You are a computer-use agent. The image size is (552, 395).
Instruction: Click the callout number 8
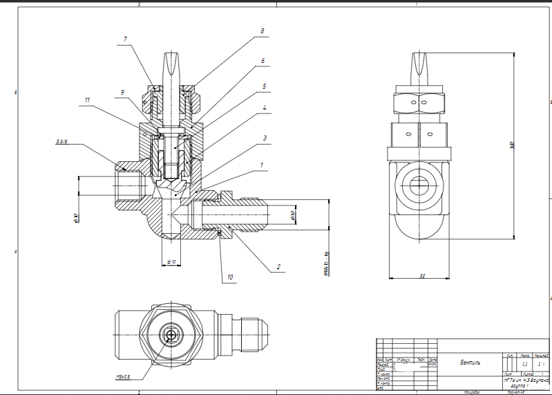(262, 31)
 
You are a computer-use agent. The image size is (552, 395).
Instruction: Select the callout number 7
(125, 39)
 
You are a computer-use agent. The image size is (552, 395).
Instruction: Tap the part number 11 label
(88, 100)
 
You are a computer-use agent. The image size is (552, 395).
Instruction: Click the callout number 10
(229, 277)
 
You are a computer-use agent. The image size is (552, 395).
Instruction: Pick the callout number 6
(263, 61)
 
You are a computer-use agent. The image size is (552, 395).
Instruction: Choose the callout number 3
(265, 138)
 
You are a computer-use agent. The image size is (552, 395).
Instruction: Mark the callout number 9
(122, 92)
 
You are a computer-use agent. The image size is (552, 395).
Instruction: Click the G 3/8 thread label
(61, 142)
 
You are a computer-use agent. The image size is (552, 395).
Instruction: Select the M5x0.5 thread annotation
(124, 376)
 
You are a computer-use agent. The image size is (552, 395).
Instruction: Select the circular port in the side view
(418, 185)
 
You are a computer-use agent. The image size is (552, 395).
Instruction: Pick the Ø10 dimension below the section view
(171, 261)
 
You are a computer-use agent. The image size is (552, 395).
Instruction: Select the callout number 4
(265, 108)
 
